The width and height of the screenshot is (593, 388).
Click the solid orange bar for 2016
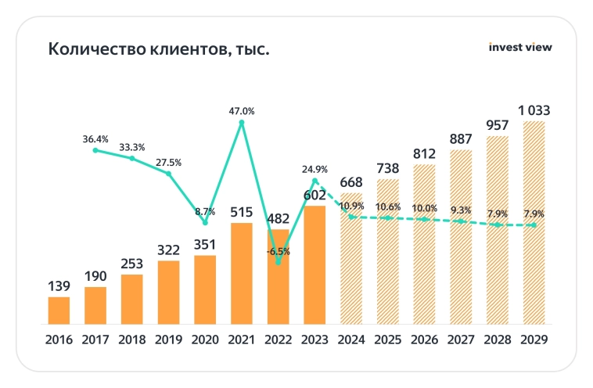click(x=59, y=310)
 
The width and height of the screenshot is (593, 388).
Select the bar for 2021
click(x=242, y=273)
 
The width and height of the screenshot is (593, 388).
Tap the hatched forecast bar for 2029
click(x=534, y=222)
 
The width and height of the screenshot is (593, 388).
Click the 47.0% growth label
click(x=242, y=111)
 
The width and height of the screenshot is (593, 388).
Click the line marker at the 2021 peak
click(x=242, y=123)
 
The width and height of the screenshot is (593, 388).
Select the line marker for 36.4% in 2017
click(x=95, y=150)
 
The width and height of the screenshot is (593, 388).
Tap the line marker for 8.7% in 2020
click(x=205, y=223)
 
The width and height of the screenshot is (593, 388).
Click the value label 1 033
click(x=534, y=110)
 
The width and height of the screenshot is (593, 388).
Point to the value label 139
click(x=59, y=286)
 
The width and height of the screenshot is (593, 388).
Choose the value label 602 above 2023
click(x=314, y=195)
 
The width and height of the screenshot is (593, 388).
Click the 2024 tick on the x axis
click(x=351, y=339)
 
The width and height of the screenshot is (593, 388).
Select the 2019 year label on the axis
click(x=168, y=339)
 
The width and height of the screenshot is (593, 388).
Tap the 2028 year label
click(x=498, y=339)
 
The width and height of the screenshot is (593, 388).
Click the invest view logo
click(x=519, y=47)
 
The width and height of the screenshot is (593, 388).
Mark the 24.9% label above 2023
click(x=314, y=169)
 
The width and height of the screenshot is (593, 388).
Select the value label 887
click(x=462, y=139)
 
